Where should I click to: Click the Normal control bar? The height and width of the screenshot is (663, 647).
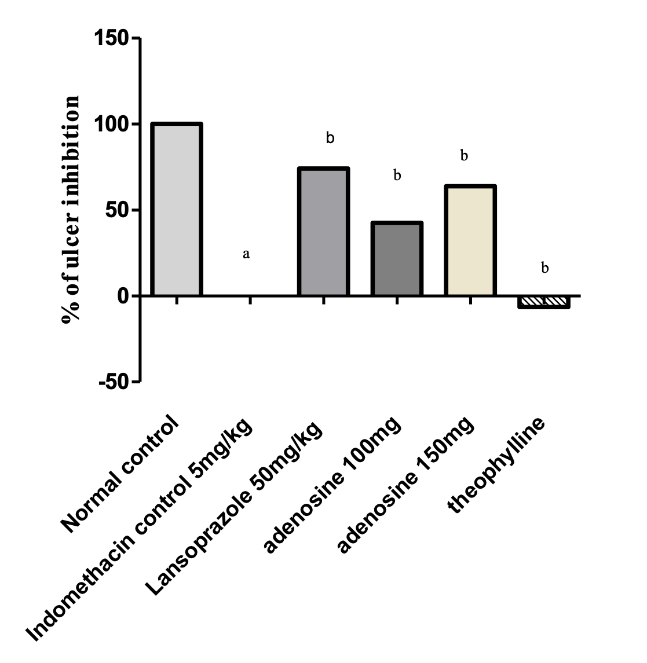tap(176, 210)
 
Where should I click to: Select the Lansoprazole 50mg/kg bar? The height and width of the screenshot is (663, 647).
tap(323, 232)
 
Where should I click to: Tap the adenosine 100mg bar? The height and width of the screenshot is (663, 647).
tap(397, 259)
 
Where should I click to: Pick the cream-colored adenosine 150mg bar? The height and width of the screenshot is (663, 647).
tap(470, 240)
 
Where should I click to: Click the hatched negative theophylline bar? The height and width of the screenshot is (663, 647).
tap(544, 302)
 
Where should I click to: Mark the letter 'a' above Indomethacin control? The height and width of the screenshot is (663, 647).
tap(246, 254)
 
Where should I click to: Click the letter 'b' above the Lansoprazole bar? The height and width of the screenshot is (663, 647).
tap(330, 138)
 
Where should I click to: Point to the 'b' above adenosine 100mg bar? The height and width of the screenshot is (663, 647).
tap(397, 175)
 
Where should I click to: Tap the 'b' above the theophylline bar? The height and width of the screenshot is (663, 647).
tap(544, 268)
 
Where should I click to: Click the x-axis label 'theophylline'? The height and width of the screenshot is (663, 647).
tap(497, 464)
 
